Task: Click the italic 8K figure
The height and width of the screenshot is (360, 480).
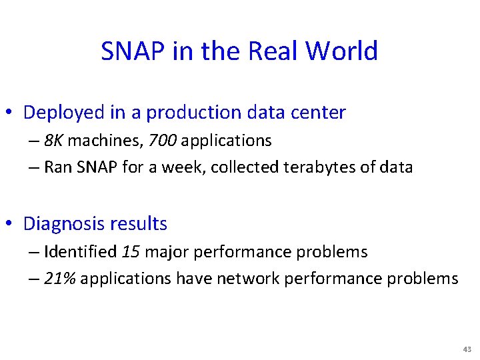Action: point(53,141)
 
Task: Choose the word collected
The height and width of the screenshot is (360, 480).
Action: point(246,167)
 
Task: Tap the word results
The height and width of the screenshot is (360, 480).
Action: point(141,223)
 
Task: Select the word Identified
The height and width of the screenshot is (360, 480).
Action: point(81,252)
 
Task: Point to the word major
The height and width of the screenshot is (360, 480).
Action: point(166,252)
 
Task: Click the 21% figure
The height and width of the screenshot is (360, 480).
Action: point(59,279)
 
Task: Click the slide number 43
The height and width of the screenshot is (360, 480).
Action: point(465,350)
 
